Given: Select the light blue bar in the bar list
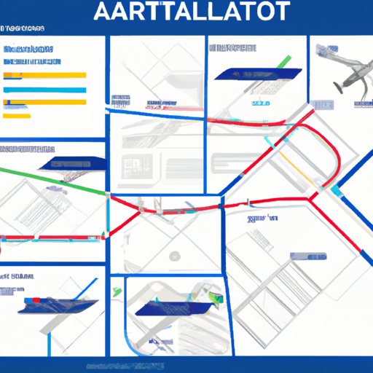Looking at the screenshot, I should (x=45, y=90).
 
